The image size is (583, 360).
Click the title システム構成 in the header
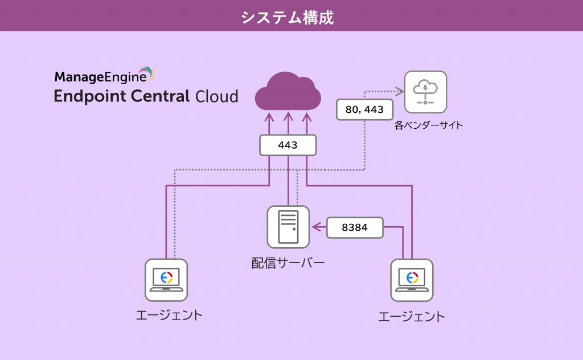coord(287,17)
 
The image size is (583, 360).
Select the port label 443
coord(288,145)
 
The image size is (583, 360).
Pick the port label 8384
coord(354,227)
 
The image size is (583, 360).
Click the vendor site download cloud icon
coord(425,92)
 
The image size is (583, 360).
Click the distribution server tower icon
coord(288,227)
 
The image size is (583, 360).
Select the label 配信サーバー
coord(288,263)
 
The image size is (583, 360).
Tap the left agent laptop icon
coord(166,280)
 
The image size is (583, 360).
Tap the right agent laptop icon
coord(412,280)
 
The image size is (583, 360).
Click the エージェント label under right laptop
coord(412,316)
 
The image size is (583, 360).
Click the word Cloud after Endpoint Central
coord(217,96)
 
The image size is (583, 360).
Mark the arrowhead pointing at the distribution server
coord(315,227)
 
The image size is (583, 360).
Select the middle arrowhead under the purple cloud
coord(288,117)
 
